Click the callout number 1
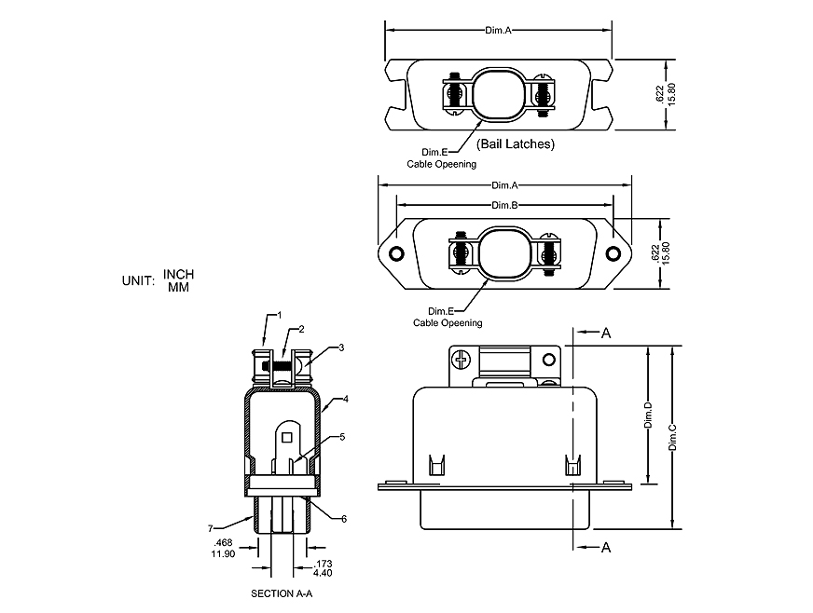click(x=279, y=316)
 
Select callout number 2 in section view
click(x=301, y=329)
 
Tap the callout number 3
click(x=342, y=347)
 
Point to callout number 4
click(x=345, y=399)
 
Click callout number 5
click(x=342, y=436)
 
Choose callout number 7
click(x=211, y=528)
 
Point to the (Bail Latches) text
click(x=515, y=144)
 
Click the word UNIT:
click(x=138, y=280)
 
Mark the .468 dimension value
click(x=223, y=542)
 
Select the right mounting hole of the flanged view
click(x=613, y=254)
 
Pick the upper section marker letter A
click(x=606, y=332)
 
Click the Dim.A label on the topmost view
click(x=499, y=31)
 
